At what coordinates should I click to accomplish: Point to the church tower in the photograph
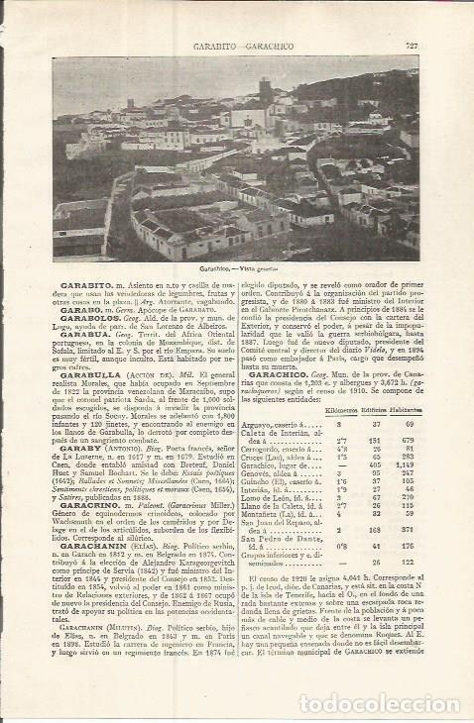(266, 95)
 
